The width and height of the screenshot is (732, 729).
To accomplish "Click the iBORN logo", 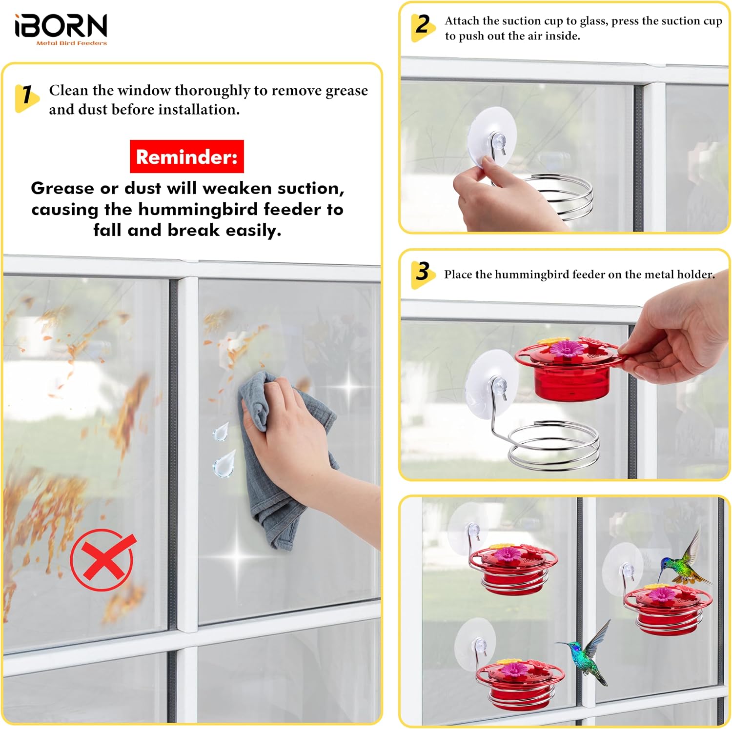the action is [61, 29].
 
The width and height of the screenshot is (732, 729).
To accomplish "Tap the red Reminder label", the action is [187, 157].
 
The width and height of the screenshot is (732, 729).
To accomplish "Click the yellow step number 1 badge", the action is [26, 97].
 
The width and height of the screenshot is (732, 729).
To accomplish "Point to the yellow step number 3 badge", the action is [423, 274].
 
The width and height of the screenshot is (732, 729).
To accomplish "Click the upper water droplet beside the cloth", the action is [221, 432].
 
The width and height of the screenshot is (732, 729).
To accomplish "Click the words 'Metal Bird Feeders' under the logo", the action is [72, 43].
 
